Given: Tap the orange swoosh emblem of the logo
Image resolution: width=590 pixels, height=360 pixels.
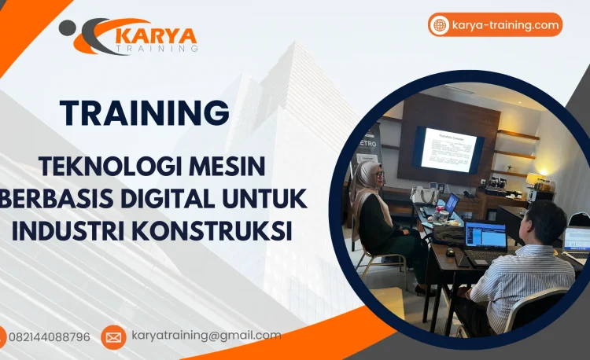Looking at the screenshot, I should (x=93, y=36).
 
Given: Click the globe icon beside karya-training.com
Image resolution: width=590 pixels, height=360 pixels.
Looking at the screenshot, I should (x=439, y=25).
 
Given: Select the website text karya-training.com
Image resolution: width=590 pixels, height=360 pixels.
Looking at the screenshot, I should (x=506, y=25).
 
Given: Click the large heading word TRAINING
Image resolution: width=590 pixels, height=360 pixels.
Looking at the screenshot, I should (x=146, y=112).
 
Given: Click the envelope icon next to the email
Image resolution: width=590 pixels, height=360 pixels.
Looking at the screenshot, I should (x=113, y=336).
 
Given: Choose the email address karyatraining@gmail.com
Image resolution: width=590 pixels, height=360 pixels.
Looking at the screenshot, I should (x=206, y=335).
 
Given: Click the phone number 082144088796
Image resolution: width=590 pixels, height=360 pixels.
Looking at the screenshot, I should (x=50, y=336).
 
